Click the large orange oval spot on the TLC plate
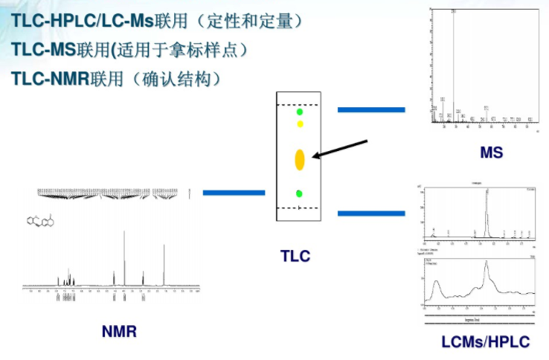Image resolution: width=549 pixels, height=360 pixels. click(x=300, y=160)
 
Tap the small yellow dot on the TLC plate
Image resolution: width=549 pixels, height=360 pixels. click(x=300, y=124)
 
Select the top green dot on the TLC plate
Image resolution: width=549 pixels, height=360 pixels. click(x=300, y=112)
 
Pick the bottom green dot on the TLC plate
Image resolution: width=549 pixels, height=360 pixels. click(x=299, y=193)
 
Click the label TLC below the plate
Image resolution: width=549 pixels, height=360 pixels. click(x=295, y=256)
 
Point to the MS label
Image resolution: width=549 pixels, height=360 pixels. click(x=491, y=153)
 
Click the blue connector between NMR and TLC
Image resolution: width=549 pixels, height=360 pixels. click(x=234, y=193)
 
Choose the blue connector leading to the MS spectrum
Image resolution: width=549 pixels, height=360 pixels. click(x=371, y=110)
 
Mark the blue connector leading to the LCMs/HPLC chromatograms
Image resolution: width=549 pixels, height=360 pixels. click(x=371, y=213)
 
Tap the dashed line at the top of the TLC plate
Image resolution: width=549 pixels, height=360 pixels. click(x=298, y=105)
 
